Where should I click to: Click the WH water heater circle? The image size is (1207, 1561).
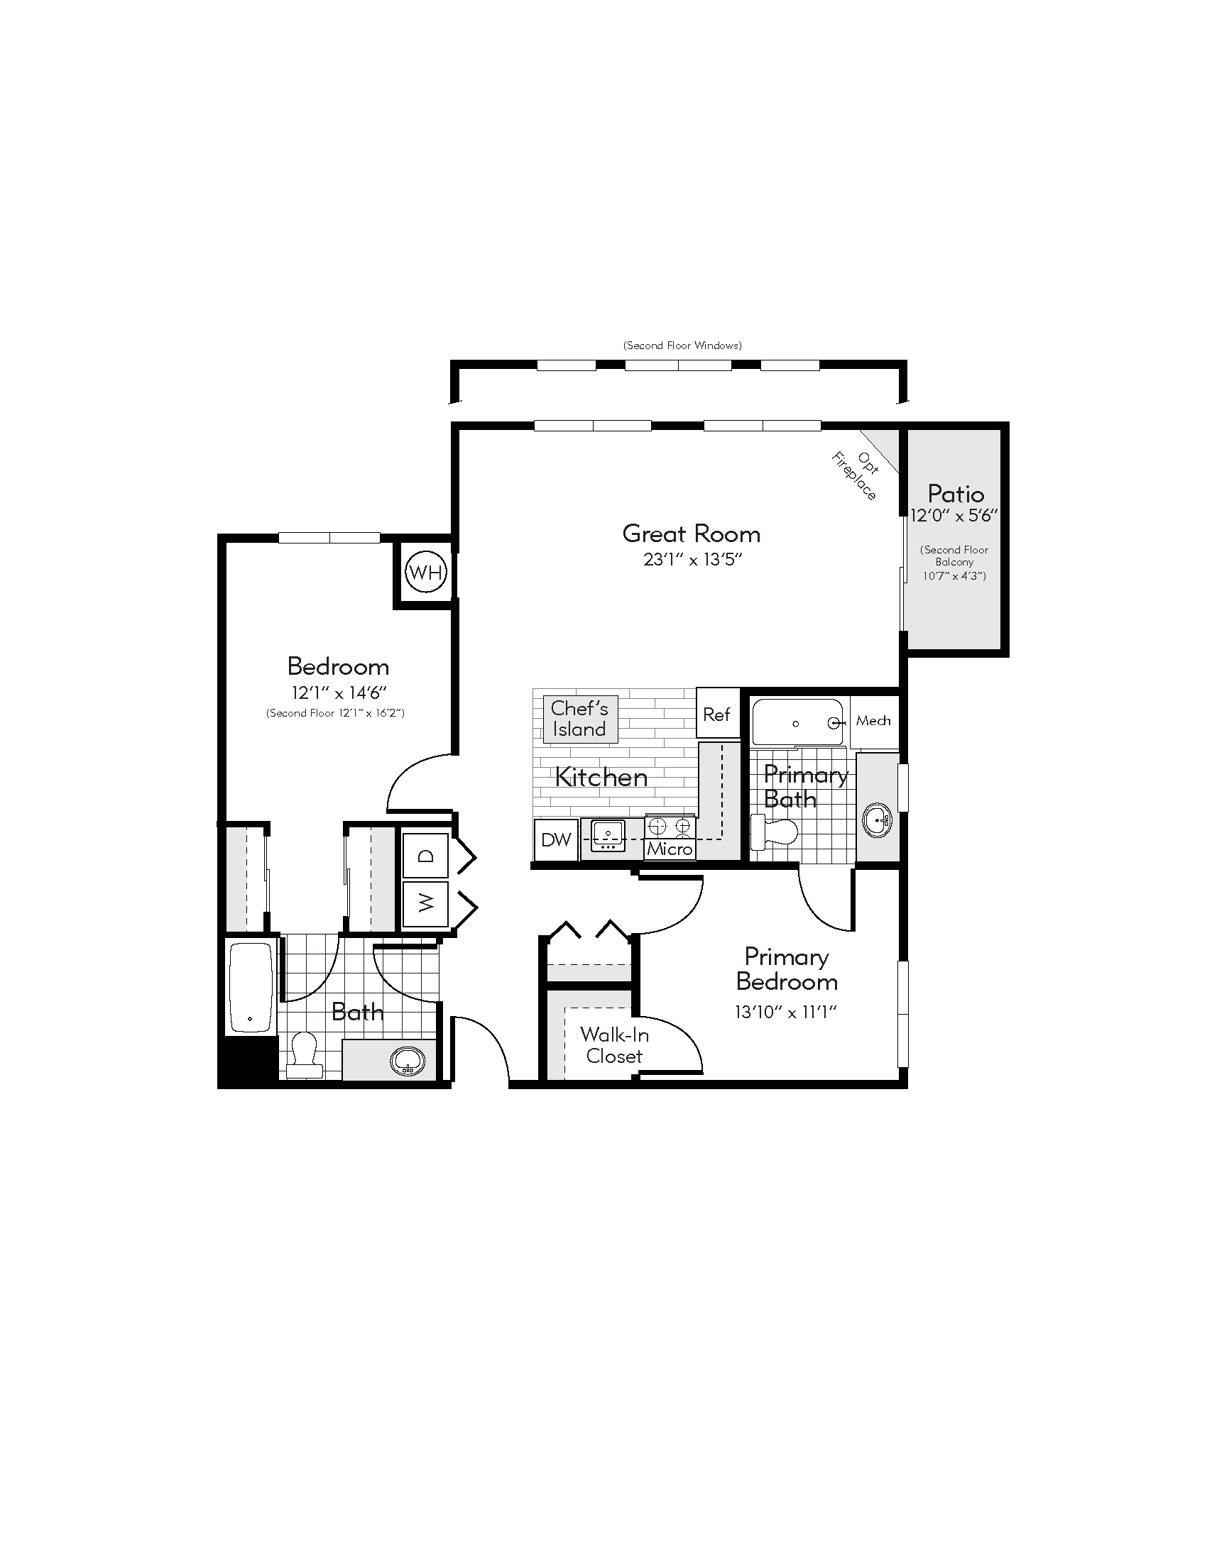[425, 572]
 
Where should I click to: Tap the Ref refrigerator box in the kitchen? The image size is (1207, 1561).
[716, 714]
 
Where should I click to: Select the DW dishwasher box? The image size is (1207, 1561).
[556, 840]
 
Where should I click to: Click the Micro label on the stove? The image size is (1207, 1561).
[670, 849]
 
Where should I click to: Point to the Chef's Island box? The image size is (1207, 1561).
[579, 718]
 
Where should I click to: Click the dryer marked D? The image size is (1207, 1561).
[425, 856]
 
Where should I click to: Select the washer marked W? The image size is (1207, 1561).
[425, 903]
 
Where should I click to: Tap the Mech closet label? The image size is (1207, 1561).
[873, 720]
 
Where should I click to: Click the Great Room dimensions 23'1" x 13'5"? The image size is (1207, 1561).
[692, 559]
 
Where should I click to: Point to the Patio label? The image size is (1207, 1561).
[955, 494]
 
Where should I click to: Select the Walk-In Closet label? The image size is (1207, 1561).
[614, 1045]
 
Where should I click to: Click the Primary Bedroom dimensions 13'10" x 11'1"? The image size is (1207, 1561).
[785, 1012]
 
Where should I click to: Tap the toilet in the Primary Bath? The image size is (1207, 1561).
[775, 833]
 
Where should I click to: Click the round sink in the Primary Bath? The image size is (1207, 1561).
[877, 820]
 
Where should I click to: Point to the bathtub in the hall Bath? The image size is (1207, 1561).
[251, 986]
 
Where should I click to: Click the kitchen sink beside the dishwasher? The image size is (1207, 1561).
[608, 835]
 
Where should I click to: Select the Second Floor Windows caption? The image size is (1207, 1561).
[682, 346]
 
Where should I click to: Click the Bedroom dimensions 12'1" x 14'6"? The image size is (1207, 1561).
[338, 693]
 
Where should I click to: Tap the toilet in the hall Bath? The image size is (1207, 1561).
[305, 1053]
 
